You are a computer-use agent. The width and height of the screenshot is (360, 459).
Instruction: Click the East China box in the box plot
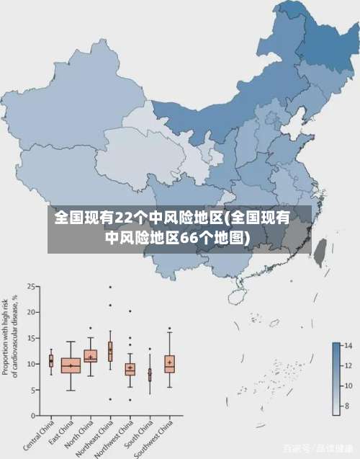pyautogui.click(x=71, y=365)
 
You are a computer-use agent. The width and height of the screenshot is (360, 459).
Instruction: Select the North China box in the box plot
pyautogui.click(x=90, y=356)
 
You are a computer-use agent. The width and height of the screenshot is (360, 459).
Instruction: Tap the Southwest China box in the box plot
pyautogui.click(x=169, y=363)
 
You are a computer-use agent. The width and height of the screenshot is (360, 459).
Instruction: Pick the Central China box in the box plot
pyautogui.click(x=51, y=360)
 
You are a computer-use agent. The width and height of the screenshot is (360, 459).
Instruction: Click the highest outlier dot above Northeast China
pyautogui.click(x=110, y=287)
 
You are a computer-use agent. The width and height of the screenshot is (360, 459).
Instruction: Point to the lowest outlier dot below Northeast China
pyautogui.click(x=110, y=399)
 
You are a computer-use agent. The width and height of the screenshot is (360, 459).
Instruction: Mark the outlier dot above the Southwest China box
pyautogui.click(x=169, y=329)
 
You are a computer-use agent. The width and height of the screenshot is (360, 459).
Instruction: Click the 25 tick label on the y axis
pyautogui.click(x=32, y=287)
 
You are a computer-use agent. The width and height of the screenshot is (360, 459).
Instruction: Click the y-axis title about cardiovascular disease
pyautogui.click(x=10, y=335)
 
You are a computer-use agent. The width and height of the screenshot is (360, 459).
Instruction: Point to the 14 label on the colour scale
pyautogui.click(x=346, y=347)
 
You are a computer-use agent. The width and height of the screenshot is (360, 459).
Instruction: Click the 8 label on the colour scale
pyautogui.click(x=346, y=406)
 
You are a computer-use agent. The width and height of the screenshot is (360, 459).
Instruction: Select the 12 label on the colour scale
pyautogui.click(x=346, y=366)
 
